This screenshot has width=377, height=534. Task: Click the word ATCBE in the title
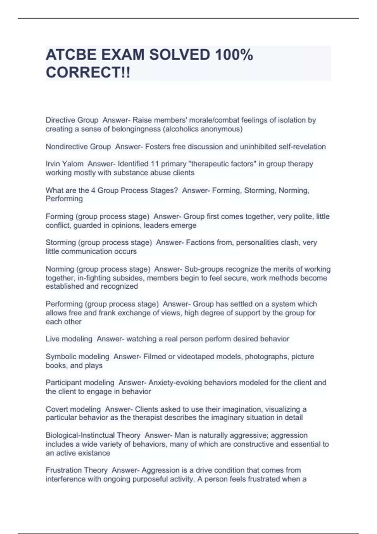coord(71,55)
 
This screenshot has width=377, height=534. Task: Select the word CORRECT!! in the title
coord(88,73)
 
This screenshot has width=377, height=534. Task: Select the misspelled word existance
coord(94,453)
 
